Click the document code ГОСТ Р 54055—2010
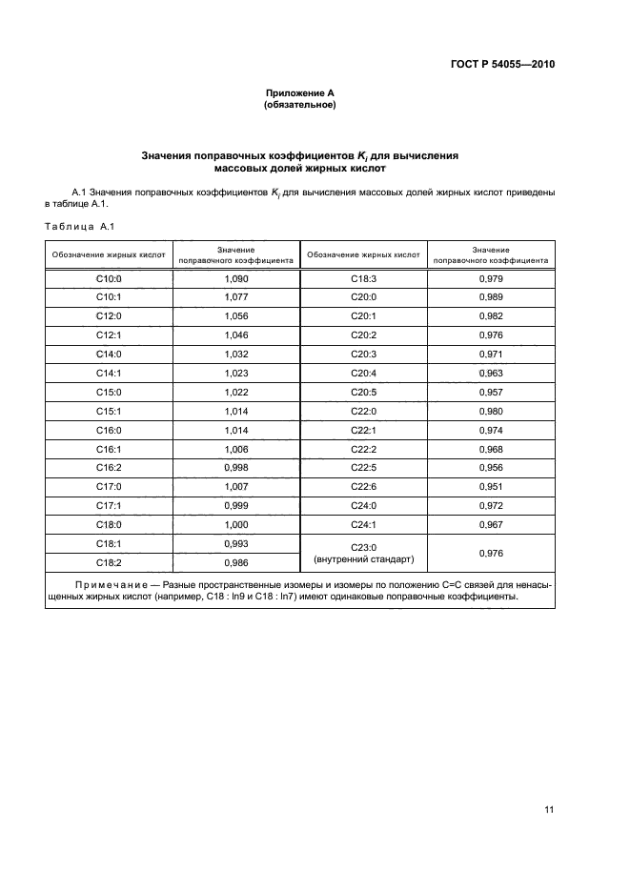(x=502, y=65)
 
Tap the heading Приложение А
(x=299, y=92)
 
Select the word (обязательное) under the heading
(x=299, y=105)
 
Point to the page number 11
(x=549, y=809)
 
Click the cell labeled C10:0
(x=110, y=279)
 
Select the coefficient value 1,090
(x=235, y=279)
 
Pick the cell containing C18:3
(x=364, y=279)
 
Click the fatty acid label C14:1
(x=110, y=373)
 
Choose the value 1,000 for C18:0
(x=235, y=524)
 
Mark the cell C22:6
(x=364, y=486)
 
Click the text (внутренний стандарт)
(x=364, y=559)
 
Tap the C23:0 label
(x=364, y=547)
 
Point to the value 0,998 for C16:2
(x=235, y=467)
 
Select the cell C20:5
(x=364, y=392)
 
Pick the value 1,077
(x=235, y=297)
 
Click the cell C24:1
(x=364, y=524)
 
